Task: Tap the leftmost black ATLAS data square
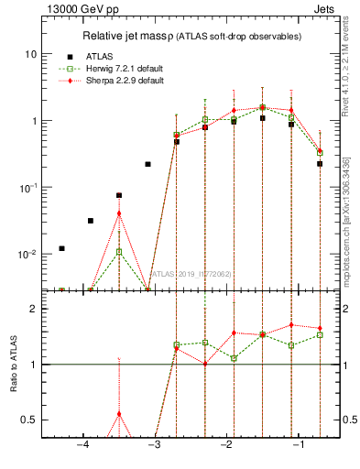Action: (x=62, y=248)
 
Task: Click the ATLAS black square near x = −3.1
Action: (x=148, y=164)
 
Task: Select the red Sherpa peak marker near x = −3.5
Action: (x=119, y=213)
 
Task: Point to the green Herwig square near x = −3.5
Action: (x=119, y=251)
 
